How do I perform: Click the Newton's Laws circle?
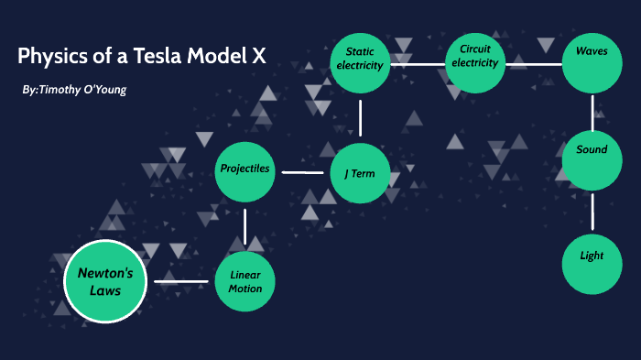[105, 280]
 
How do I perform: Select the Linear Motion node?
[245, 281]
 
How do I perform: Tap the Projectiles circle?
[245, 170]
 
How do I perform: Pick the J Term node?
[360, 172]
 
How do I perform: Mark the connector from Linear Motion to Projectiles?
[245, 226]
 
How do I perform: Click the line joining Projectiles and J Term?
[302, 171]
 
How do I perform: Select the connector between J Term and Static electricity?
[361, 117]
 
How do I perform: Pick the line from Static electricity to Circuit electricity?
[418, 64]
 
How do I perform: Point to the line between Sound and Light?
[592, 212]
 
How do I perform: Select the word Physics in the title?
[49, 56]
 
